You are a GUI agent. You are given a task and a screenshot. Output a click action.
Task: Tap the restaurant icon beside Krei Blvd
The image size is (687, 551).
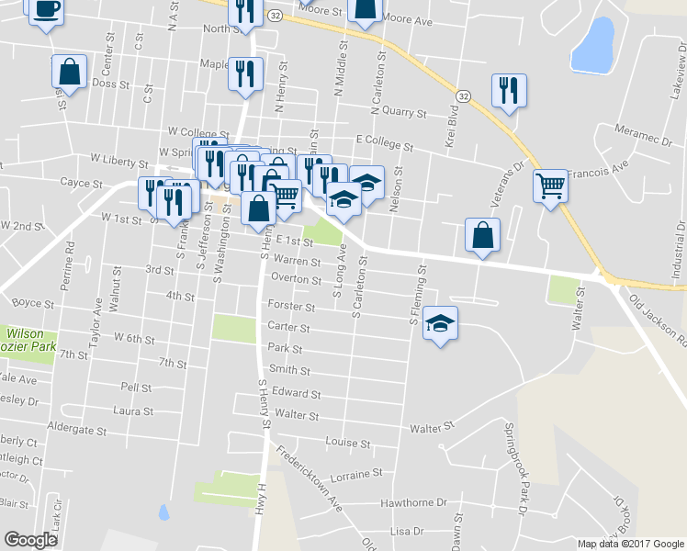click(x=506, y=91)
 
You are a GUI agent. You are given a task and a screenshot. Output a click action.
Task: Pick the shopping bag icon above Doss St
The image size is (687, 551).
click(x=70, y=71)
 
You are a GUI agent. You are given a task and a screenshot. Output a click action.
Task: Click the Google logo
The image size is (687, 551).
click(x=30, y=540)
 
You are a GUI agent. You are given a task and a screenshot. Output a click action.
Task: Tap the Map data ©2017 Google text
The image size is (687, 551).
click(x=631, y=544)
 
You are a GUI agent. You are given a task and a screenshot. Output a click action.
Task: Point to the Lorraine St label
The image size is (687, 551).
click(x=355, y=475)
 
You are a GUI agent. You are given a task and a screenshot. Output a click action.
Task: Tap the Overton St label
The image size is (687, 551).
click(x=295, y=280)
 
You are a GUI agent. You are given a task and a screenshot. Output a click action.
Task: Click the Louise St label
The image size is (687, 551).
click(x=347, y=443)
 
